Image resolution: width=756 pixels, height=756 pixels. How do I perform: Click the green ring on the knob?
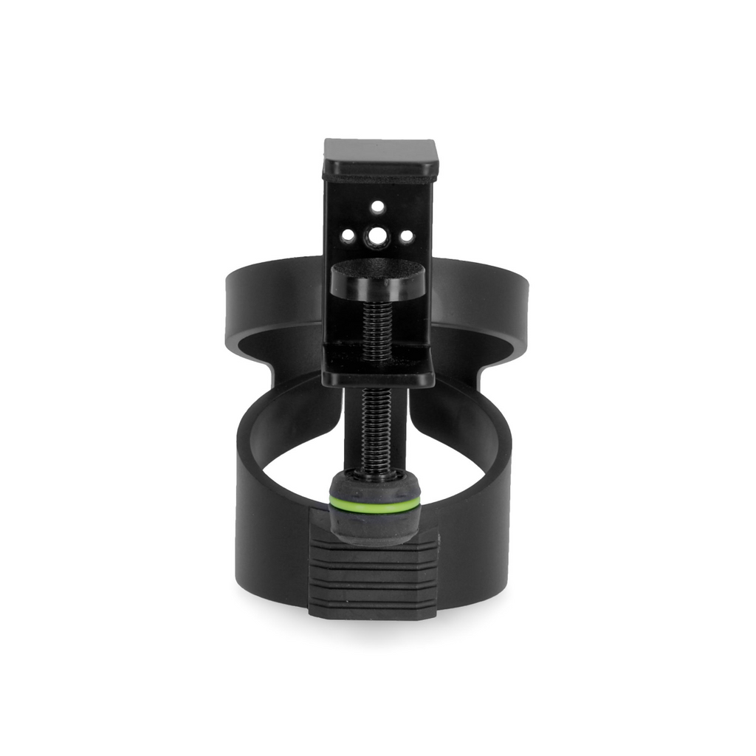pos(374,504)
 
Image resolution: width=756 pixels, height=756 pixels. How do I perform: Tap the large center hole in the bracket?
pos(378,237)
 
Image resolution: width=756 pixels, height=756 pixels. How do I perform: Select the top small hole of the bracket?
pos(377,207)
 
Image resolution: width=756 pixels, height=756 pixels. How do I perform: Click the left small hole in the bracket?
pos(347,236)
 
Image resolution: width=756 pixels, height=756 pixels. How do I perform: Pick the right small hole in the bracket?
pos(406,237)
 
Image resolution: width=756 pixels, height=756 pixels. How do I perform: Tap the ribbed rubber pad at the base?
pos(374,580)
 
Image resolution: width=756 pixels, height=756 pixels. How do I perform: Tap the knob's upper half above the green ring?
pos(374,485)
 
